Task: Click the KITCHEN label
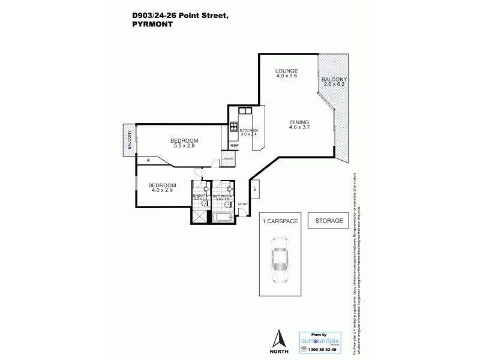[x=248, y=130]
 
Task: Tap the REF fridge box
[x=234, y=146]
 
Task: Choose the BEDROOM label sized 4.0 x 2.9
[x=162, y=185]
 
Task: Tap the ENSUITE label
[x=199, y=195]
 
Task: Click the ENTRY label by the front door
[x=242, y=205]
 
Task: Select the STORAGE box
[x=329, y=221]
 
